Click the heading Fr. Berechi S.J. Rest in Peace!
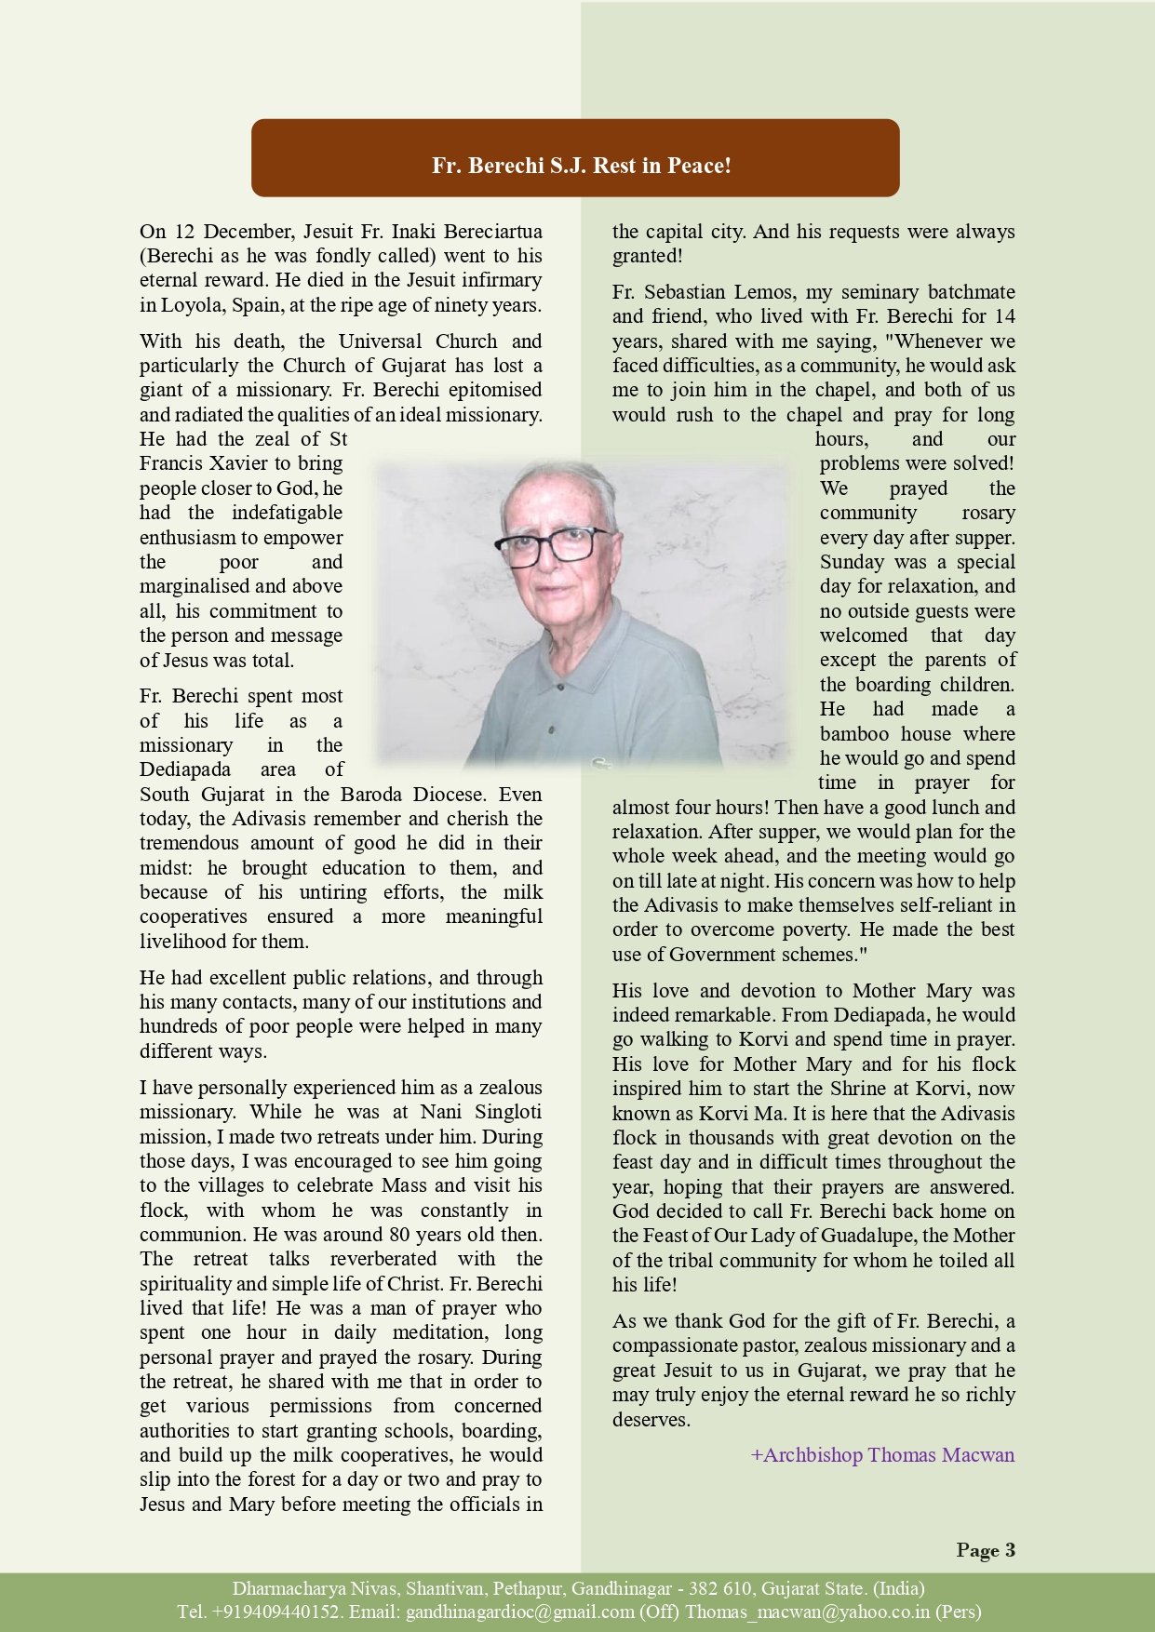pos(581,166)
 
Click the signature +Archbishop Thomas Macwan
pos(882,1454)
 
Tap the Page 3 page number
pos(986,1550)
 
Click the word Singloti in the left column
pos(507,1112)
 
